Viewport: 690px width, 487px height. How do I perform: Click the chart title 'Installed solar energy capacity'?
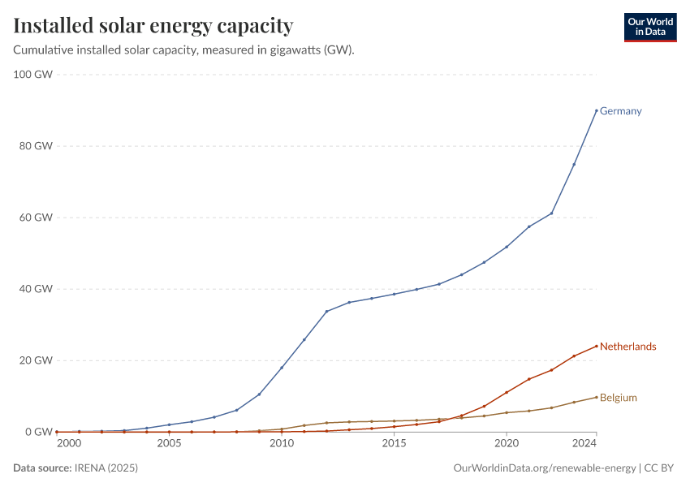153,26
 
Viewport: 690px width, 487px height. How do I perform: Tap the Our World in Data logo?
649,27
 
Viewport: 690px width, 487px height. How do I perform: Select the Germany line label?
620,111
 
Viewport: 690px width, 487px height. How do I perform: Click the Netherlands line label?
627,347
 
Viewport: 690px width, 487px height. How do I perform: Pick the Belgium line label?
618,398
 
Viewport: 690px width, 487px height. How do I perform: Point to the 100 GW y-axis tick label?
33,75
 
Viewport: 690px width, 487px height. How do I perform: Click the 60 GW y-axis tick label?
36,218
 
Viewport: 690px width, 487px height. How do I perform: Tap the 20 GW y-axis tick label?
36,360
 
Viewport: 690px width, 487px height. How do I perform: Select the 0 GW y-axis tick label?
38,432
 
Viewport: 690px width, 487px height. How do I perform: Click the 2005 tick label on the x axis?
169,444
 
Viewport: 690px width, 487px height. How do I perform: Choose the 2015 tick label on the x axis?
394,444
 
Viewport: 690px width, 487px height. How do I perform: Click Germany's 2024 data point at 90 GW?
597,110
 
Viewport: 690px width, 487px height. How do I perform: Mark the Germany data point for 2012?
326,311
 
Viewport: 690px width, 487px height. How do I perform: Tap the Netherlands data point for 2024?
597,346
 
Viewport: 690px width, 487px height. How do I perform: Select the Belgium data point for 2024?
597,397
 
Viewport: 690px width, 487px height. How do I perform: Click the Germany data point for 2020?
507,247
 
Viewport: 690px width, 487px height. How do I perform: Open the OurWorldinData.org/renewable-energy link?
543,468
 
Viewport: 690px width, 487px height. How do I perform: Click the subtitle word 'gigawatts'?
295,50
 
